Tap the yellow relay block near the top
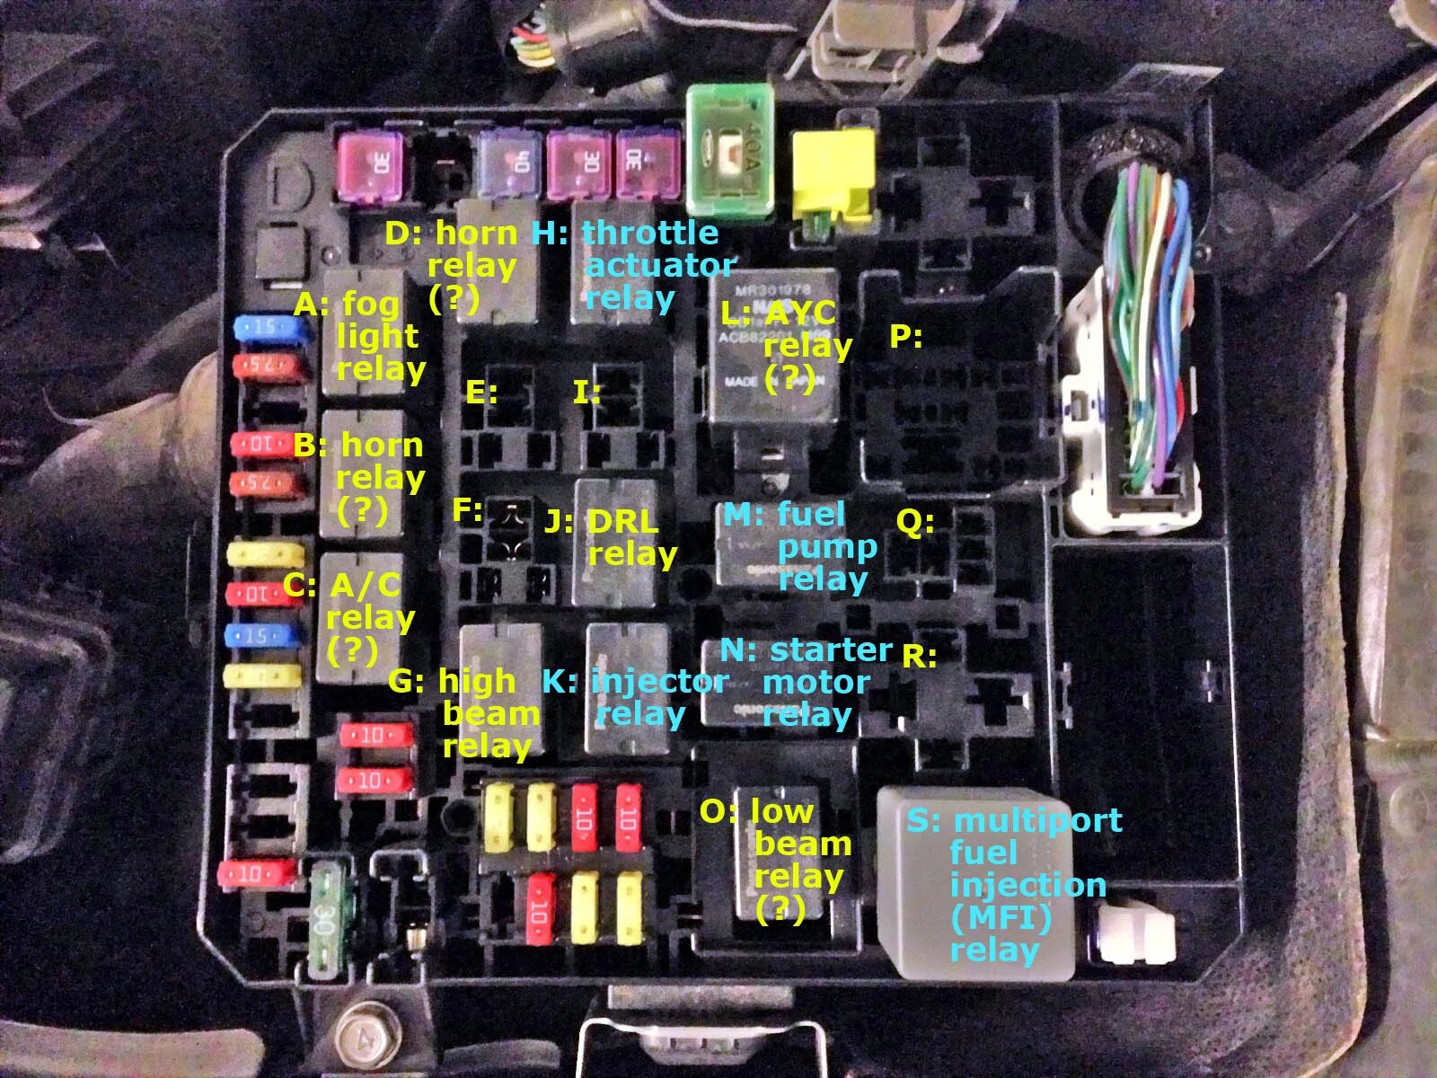tap(833, 174)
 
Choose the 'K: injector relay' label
tap(634, 697)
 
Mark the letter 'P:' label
tap(906, 338)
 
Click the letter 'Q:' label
tap(915, 522)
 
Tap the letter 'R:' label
tap(918, 657)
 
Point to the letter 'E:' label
tap(481, 393)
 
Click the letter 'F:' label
tap(467, 510)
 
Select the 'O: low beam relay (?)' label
tap(777, 860)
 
